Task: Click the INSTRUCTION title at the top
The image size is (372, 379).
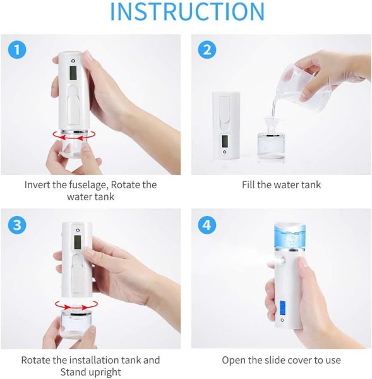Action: [187, 13]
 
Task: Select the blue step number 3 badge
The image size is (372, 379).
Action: [17, 225]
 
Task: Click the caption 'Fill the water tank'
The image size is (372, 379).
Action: [281, 185]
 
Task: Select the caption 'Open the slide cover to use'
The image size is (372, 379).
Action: [281, 360]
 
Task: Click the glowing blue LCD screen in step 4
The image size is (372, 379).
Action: [280, 310]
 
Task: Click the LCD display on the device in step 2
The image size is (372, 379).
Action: [225, 142]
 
